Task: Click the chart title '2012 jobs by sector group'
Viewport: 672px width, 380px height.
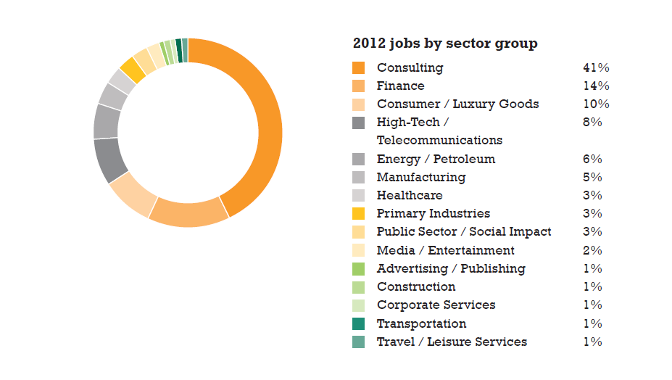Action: point(445,44)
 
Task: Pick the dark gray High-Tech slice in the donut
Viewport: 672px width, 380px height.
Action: point(110,160)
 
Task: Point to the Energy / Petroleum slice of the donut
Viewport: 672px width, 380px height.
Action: point(106,122)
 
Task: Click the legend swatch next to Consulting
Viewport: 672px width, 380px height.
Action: point(359,67)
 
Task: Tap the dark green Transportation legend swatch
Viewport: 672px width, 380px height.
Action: point(359,323)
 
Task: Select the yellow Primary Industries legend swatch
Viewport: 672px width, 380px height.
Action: point(359,214)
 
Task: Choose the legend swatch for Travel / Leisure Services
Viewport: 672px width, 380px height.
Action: point(359,342)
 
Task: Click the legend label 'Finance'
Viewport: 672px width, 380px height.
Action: point(400,86)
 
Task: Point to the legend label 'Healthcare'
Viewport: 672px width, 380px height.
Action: point(410,195)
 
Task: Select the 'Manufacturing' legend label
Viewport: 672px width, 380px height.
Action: point(421,177)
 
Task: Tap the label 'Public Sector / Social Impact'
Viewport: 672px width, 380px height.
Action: point(464,232)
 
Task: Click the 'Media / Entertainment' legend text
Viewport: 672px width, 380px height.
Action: point(446,250)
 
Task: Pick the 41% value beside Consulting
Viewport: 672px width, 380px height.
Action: point(596,67)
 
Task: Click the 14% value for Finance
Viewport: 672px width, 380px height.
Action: point(596,86)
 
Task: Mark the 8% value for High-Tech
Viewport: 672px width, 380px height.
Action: point(592,122)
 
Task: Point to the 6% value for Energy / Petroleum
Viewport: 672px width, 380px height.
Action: point(592,159)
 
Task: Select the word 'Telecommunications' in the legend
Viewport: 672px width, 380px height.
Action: point(439,140)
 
